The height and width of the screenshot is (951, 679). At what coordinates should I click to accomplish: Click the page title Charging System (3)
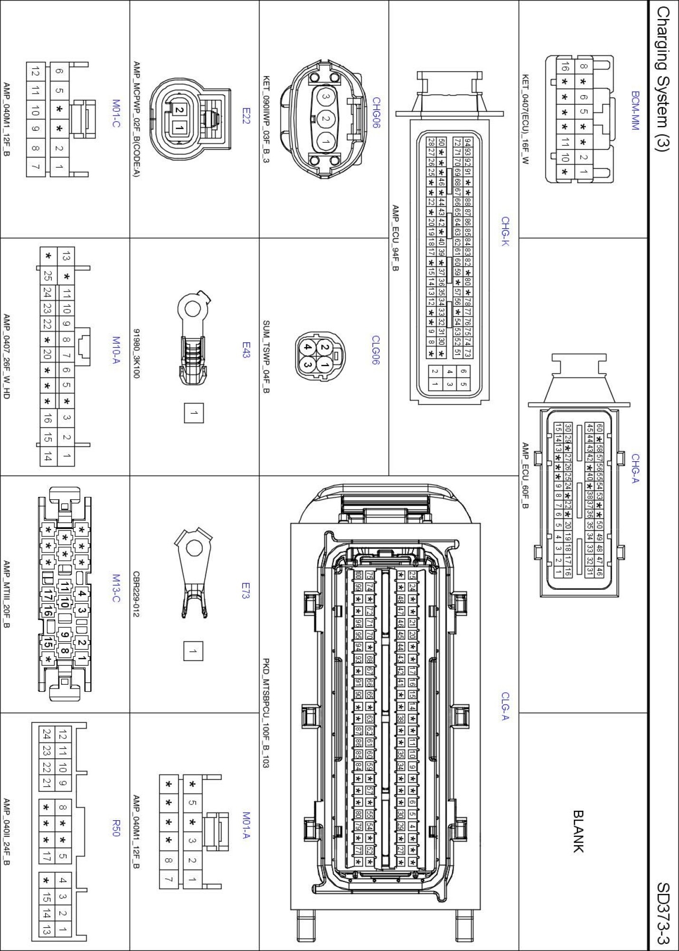[x=663, y=86]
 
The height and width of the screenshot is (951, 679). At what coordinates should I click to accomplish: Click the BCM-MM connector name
[x=635, y=110]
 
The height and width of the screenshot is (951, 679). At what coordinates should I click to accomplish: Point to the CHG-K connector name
[x=505, y=231]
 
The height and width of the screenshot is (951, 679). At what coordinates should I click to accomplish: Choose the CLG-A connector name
[x=505, y=706]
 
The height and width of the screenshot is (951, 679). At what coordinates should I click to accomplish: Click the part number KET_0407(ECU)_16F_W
[x=525, y=119]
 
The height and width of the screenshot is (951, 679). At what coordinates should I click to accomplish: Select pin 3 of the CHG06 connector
[x=326, y=97]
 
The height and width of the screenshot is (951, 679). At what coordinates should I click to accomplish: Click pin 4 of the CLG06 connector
[x=308, y=348]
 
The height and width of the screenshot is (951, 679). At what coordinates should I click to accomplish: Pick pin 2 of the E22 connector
[x=179, y=110]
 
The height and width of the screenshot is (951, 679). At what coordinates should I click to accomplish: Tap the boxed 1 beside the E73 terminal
[x=193, y=651]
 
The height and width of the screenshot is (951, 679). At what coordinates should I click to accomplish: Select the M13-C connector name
[x=116, y=588]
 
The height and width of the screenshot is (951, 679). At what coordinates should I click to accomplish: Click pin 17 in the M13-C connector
[x=48, y=594]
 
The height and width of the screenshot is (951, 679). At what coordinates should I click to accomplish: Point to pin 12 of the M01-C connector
[x=35, y=72]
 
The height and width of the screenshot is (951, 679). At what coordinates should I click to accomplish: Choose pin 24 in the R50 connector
[x=46, y=735]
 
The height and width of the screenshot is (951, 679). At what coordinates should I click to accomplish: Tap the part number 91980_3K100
[x=137, y=353]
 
